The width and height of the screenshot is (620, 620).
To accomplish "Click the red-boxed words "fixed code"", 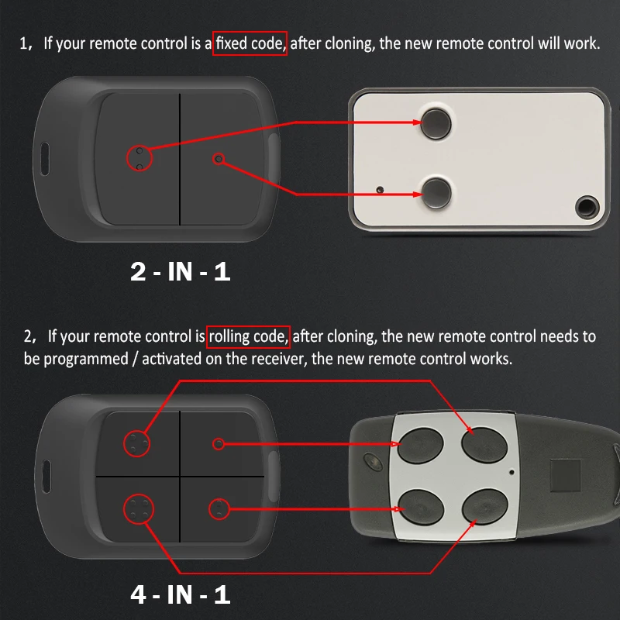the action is point(250,43).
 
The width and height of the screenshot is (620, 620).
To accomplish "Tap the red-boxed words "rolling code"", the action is point(248,336).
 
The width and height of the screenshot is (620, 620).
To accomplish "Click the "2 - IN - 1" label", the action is point(181,272).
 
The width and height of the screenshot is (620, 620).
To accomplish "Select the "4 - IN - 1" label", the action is point(181,594).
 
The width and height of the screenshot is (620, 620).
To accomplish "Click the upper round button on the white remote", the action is point(436,123).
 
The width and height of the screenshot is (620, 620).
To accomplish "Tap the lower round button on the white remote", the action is point(436,193).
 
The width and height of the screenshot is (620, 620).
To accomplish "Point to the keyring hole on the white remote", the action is point(587,207).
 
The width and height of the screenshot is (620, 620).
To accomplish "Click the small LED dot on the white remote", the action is point(380,190).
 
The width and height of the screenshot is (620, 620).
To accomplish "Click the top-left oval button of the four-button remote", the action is point(420,445).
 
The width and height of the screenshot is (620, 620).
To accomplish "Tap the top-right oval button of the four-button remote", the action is point(484,445).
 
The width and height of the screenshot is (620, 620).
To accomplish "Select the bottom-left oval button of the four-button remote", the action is point(421,508).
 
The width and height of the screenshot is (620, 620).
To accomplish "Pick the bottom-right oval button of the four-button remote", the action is point(485,507).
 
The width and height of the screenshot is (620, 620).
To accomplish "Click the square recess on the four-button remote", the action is point(565,475).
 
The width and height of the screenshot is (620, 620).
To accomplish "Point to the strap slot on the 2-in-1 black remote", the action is point(45,159).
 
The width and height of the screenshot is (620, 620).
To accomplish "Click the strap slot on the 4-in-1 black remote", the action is point(46,477).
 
